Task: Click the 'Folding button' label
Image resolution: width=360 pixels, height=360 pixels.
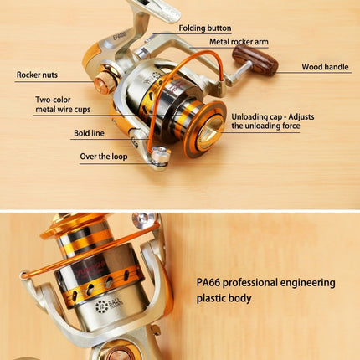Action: click(x=204, y=28)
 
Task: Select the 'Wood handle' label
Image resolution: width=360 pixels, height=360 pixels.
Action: click(x=323, y=67)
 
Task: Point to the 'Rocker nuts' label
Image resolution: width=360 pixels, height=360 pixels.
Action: click(x=38, y=75)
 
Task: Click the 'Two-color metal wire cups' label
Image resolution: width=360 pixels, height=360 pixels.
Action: click(x=59, y=105)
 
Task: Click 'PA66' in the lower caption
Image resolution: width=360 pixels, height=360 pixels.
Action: click(x=212, y=283)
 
